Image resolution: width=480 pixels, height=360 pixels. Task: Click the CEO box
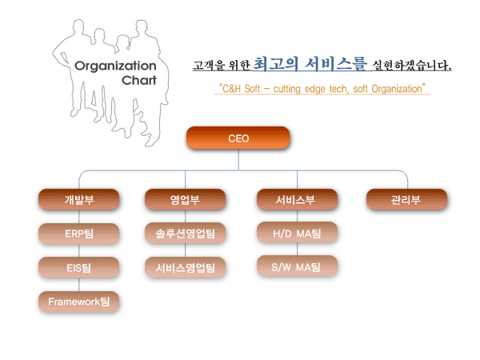(238, 138)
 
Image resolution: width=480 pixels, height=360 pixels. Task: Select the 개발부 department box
(78, 199)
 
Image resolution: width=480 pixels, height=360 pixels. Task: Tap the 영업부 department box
(185, 199)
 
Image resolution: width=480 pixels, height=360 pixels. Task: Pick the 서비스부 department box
(297, 199)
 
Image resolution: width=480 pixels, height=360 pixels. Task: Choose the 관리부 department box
(406, 199)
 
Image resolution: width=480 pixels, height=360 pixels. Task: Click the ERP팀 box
(78, 234)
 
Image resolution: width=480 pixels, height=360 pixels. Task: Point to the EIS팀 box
(78, 268)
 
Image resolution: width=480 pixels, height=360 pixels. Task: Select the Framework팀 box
(78, 302)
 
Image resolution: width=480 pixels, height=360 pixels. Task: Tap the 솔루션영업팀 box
(185, 234)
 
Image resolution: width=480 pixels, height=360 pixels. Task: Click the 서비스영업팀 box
(185, 267)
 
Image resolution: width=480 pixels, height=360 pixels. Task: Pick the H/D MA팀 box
(297, 233)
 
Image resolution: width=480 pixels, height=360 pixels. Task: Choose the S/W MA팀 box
(297, 266)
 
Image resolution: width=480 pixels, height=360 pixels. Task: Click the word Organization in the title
(115, 66)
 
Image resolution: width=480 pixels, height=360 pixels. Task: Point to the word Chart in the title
(139, 80)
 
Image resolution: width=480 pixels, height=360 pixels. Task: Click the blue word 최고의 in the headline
(275, 64)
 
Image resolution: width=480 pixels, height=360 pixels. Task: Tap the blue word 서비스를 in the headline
(335, 64)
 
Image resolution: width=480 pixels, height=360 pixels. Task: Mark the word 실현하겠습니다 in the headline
(411, 66)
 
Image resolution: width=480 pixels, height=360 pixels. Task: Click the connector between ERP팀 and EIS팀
(79, 250)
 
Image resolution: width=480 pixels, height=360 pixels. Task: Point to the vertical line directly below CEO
(238, 160)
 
